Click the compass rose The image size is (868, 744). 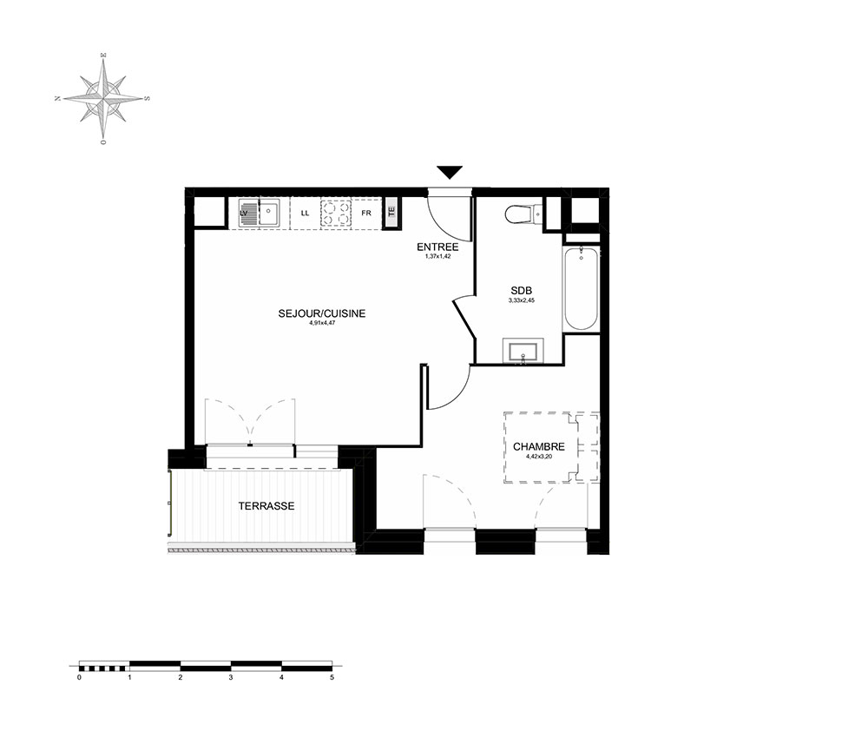tap(103, 99)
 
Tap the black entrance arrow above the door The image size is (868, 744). tap(450, 172)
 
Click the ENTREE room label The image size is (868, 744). tap(437, 247)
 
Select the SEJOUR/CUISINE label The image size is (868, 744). tap(322, 313)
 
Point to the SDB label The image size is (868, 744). tap(522, 291)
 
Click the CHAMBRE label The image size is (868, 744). tap(539, 447)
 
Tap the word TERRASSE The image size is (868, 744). tap(266, 506)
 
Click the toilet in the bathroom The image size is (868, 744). tap(523, 214)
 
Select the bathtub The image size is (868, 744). tap(581, 288)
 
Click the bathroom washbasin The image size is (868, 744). tap(523, 352)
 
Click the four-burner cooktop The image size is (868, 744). tap(335, 213)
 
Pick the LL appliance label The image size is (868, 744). tap(305, 213)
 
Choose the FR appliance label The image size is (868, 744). tap(366, 213)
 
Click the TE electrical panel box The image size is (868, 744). tap(391, 213)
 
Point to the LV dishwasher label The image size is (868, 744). tap(244, 213)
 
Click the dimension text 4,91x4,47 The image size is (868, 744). tap(322, 322)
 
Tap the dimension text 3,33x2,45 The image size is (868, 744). tap(522, 300)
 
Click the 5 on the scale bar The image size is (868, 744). tap(332, 677)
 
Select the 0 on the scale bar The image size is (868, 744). tap(79, 677)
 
